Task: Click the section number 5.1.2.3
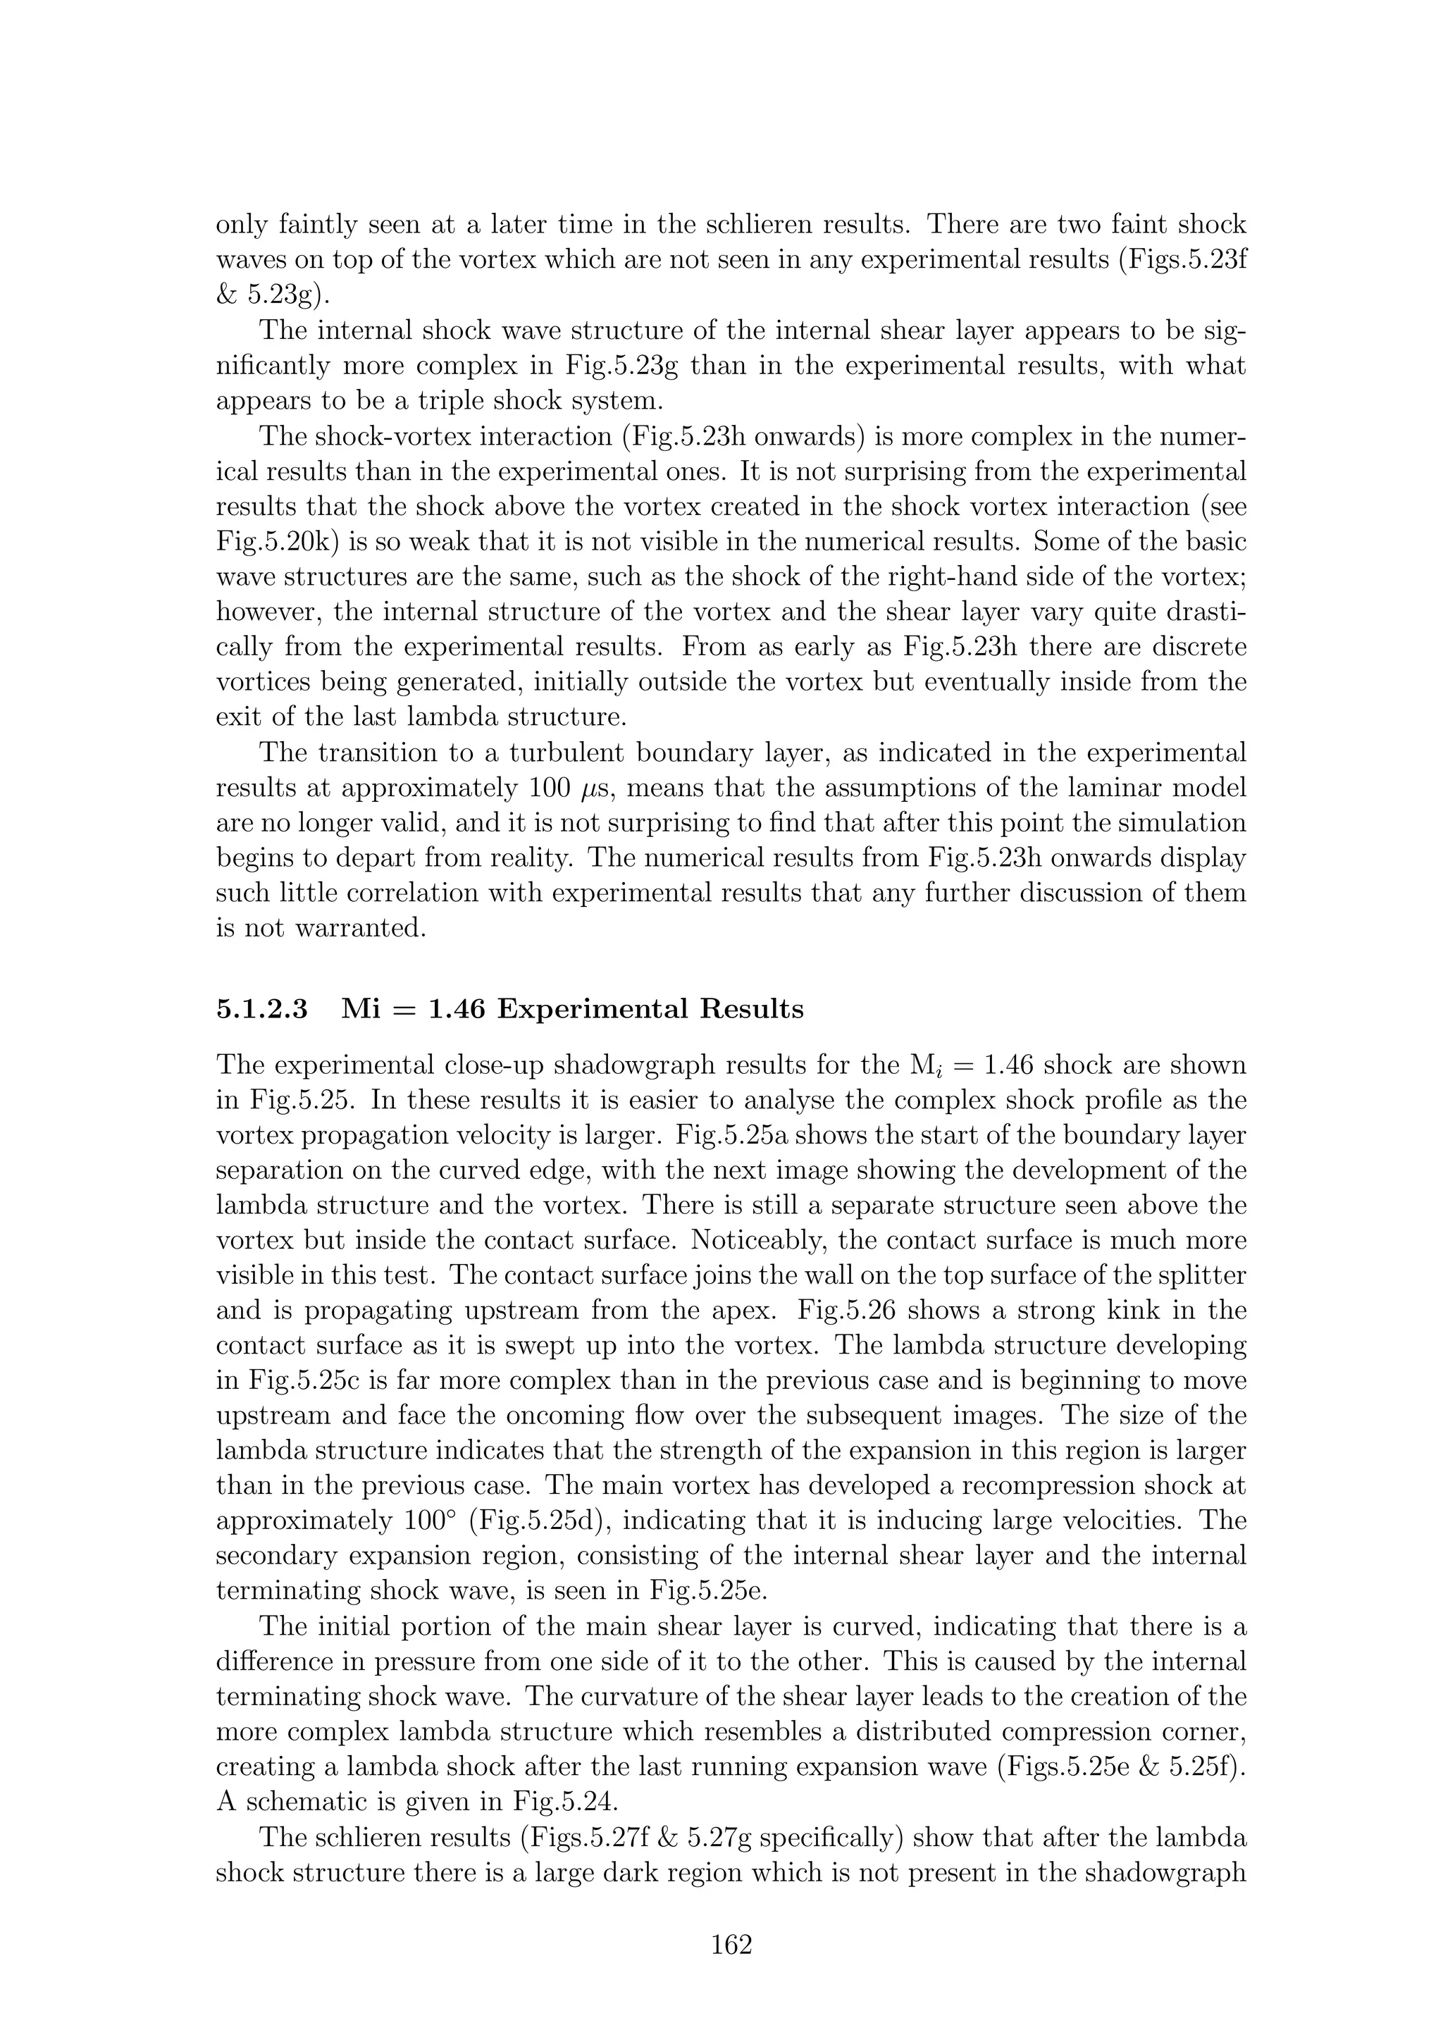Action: (262, 1010)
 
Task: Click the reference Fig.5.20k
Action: (272, 543)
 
